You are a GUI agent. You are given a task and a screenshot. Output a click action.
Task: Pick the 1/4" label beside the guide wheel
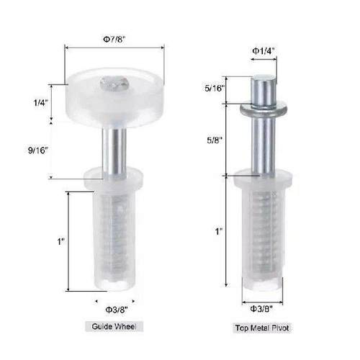tap(40, 103)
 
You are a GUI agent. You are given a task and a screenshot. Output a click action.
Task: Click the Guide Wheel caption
tap(115, 327)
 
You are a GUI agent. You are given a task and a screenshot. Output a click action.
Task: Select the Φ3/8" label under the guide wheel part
tap(115, 310)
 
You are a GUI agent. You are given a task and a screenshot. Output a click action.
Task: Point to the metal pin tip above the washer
tap(264, 90)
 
